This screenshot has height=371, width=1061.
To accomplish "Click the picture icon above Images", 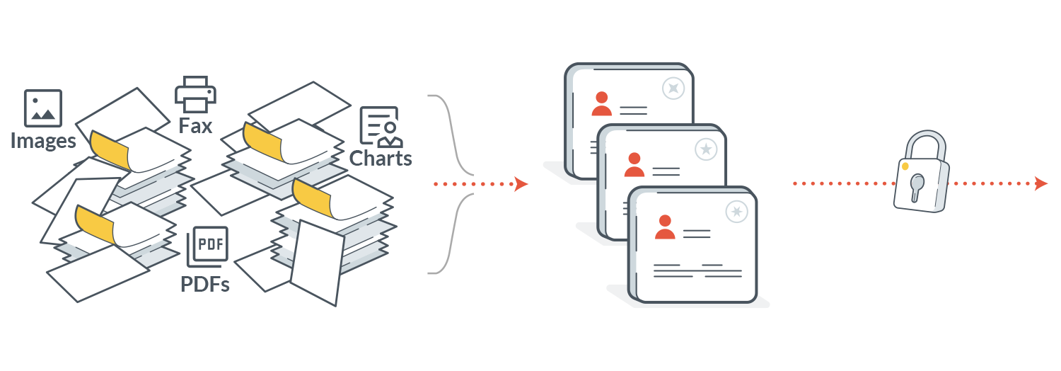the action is pos(43,108).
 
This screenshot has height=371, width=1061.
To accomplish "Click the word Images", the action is pos(43,140).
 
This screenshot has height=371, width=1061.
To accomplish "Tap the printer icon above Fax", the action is pos(195,95).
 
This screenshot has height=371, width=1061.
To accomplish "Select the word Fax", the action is pos(195,127).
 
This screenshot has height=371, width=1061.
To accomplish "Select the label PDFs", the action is pos(204,285).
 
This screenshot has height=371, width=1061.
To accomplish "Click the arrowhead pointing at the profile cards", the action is pos(522,184).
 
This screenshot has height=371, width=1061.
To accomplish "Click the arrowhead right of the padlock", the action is pos(1040,184).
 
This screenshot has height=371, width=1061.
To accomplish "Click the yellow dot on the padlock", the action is pos(905,166).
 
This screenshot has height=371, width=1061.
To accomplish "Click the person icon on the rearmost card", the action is pos(602,103).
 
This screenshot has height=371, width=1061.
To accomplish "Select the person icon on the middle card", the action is pos(634,164).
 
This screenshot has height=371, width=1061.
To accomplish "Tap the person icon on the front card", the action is pos(665,227).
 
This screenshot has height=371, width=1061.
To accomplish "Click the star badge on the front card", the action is pos(738,211).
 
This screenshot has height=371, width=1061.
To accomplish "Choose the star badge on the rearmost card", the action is pos(673,88).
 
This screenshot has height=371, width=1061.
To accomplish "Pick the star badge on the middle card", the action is pos(705,149).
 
